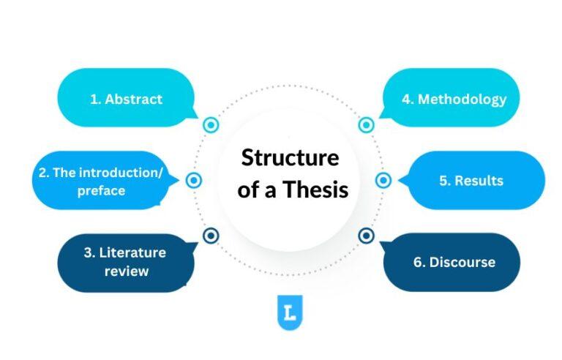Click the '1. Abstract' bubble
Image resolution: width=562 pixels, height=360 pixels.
pyautogui.click(x=125, y=99)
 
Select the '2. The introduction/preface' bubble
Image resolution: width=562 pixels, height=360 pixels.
pyautogui.click(x=101, y=181)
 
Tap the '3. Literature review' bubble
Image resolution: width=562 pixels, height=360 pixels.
pyautogui.click(x=125, y=262)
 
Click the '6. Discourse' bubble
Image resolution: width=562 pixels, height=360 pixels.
pyautogui.click(x=452, y=262)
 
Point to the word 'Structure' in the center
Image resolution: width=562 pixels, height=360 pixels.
pyautogui.click(x=291, y=157)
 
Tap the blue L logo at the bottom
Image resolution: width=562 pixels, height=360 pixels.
pyautogui.click(x=290, y=312)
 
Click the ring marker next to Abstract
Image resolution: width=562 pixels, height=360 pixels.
pyautogui.click(x=211, y=125)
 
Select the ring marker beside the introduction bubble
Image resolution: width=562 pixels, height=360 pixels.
pyautogui.click(x=194, y=180)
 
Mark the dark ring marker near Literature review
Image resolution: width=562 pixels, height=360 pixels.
pyautogui.click(x=211, y=236)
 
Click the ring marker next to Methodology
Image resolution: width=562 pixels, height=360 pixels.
pyautogui.click(x=367, y=125)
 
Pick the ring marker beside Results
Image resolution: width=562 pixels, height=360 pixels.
pyautogui.click(x=383, y=180)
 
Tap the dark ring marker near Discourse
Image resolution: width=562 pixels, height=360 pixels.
pyautogui.click(x=367, y=236)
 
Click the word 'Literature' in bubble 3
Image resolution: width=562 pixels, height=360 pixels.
pyautogui.click(x=134, y=253)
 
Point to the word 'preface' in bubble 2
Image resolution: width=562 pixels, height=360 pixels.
pyautogui.click(x=101, y=191)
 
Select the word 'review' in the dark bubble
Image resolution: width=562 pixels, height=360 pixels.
pyautogui.click(x=125, y=271)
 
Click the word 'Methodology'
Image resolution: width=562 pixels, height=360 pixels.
pyautogui.click(x=462, y=99)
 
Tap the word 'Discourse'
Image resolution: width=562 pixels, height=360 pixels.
pyautogui.click(x=462, y=262)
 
